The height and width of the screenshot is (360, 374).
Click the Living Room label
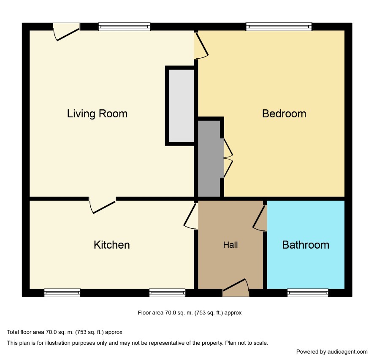pyautogui.click(x=97, y=114)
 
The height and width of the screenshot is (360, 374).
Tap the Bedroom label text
pyautogui.click(x=284, y=114)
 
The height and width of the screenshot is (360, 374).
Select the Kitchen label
pyautogui.click(x=111, y=245)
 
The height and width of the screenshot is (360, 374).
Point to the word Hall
pyautogui.click(x=230, y=245)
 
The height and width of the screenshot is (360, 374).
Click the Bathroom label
pyautogui.click(x=306, y=245)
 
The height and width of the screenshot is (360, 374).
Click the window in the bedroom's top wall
pyautogui.click(x=279, y=27)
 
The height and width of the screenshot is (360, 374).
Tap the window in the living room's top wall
pyautogui.click(x=124, y=27)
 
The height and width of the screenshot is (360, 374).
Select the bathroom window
pyautogui.click(x=308, y=292)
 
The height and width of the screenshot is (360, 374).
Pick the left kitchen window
pyautogui.click(x=62, y=292)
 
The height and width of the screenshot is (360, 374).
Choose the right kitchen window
pyautogui.click(x=167, y=292)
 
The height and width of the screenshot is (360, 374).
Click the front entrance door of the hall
pyautogui.click(x=236, y=287)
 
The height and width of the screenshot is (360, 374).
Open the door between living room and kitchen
pyautogui.click(x=103, y=205)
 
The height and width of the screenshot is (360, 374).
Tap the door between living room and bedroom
pyautogui.click(x=201, y=45)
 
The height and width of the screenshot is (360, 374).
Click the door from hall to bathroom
pyautogui.click(x=260, y=217)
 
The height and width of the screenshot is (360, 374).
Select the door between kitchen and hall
pyautogui.click(x=190, y=216)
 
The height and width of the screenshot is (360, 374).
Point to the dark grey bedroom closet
pyautogui.click(x=209, y=158)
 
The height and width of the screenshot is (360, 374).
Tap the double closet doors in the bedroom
pyautogui.click(x=228, y=158)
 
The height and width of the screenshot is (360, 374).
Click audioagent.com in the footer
pyautogui.click(x=347, y=352)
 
